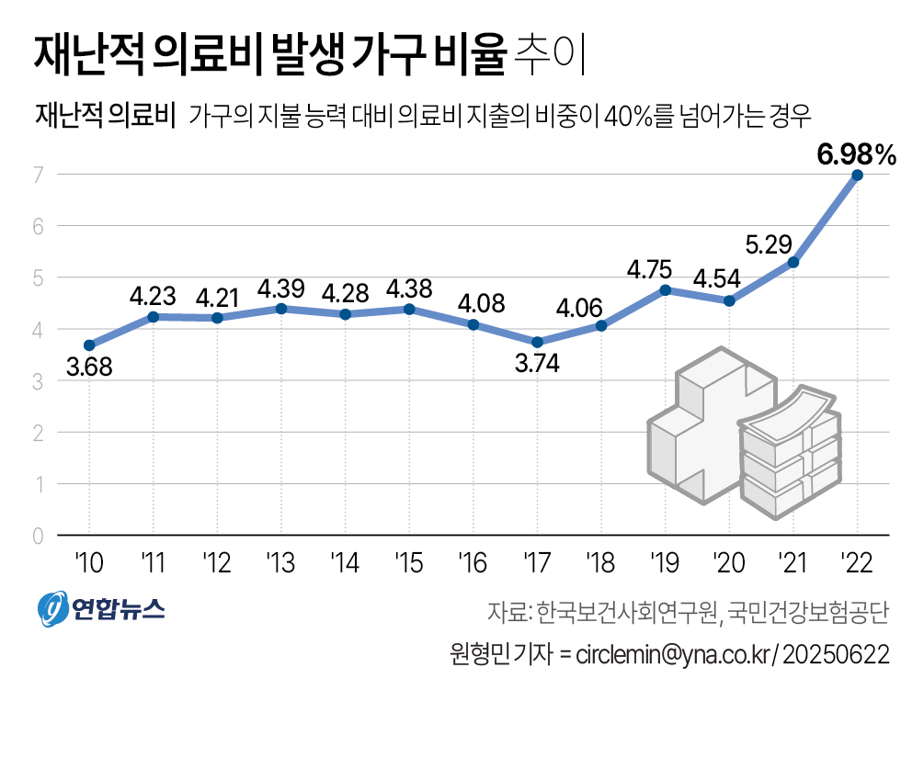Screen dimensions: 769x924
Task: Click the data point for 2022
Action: click(857, 175)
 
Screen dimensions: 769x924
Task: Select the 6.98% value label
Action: click(856, 155)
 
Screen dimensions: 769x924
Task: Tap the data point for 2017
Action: click(537, 342)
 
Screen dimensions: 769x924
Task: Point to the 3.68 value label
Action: click(89, 371)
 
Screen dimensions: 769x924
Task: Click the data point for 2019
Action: click(665, 290)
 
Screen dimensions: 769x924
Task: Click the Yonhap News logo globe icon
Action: click(51, 607)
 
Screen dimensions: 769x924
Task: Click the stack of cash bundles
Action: click(792, 450)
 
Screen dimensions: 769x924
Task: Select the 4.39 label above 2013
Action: click(280, 288)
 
